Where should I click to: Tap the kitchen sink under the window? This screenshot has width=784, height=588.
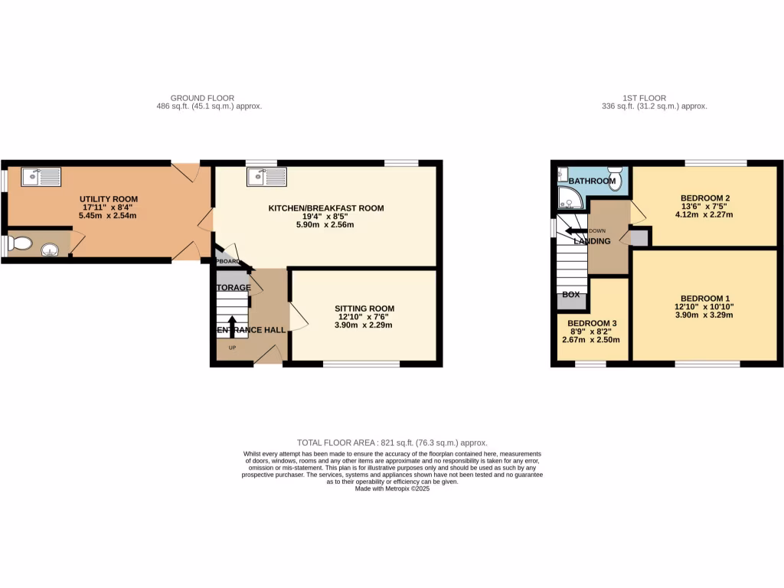266,177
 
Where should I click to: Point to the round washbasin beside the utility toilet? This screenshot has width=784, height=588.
51,248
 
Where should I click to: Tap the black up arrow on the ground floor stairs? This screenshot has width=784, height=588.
233,326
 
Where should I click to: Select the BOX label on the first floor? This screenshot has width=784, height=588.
571,294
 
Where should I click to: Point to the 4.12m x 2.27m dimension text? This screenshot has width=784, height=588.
705,214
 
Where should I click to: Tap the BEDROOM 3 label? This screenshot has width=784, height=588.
591,323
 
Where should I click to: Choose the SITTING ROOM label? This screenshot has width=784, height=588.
364,309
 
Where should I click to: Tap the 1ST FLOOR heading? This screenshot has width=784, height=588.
644,98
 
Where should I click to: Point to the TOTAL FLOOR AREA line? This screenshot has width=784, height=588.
392,443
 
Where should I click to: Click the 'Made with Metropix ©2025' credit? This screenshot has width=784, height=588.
392,488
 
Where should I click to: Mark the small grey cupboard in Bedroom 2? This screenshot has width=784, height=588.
638,237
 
